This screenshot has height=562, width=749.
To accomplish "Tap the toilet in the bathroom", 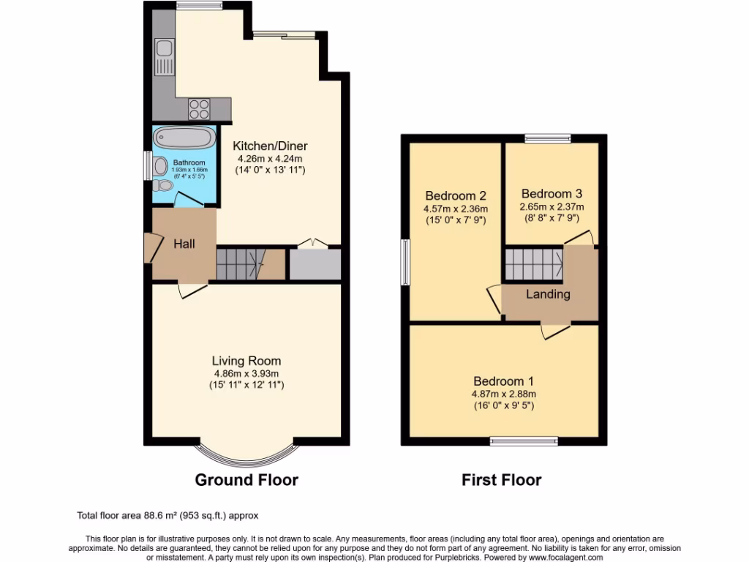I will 165,186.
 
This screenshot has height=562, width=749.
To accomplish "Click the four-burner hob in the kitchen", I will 199,108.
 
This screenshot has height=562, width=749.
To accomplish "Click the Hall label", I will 184,244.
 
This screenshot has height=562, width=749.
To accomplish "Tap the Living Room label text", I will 246,361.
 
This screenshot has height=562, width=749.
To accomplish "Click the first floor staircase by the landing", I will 533,263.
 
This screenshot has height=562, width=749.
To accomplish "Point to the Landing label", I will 549,294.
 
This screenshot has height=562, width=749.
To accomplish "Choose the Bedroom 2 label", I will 456,195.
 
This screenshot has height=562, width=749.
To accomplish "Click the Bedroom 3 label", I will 552,194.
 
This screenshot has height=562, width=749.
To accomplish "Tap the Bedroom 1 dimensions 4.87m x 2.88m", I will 503,394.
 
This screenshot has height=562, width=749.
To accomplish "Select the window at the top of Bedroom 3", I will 548,138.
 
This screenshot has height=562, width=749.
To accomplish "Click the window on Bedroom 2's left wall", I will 405,262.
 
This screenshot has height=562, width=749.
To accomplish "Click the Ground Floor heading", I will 246,480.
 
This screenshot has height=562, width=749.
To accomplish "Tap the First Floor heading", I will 501,480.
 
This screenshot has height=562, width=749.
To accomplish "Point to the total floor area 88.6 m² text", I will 168,515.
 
